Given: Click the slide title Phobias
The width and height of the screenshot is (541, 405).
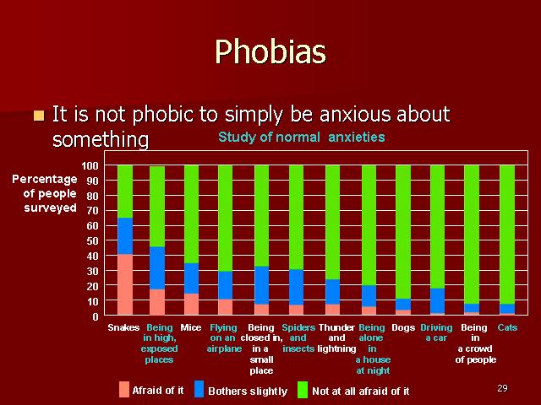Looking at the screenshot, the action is click(x=270, y=51).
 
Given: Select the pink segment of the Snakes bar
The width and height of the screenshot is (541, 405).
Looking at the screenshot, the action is click(x=125, y=284).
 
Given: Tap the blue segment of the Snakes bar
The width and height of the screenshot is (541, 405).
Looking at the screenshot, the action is click(x=125, y=236).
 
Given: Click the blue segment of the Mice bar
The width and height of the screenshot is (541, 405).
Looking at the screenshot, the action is click(x=192, y=278).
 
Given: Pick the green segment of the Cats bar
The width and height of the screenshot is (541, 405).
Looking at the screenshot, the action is click(x=507, y=235).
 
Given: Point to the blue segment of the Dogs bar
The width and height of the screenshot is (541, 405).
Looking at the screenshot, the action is click(x=403, y=304).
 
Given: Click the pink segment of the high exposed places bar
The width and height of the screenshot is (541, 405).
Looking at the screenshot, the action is click(x=157, y=302).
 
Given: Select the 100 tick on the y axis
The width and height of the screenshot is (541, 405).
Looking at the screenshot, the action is click(x=90, y=166).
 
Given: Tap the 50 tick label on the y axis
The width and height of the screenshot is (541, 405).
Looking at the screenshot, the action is click(x=92, y=240).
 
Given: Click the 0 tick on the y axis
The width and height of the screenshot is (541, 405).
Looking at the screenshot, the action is click(x=96, y=316).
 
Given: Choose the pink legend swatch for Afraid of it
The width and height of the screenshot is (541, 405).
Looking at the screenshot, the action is click(x=124, y=390).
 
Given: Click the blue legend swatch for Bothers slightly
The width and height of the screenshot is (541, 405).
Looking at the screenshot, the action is click(x=199, y=390).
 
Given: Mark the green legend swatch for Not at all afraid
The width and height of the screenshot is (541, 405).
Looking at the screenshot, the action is click(x=303, y=390).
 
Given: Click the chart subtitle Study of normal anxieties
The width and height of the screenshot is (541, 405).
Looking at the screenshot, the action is click(x=302, y=137).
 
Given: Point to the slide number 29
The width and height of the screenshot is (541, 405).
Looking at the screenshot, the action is click(x=502, y=388).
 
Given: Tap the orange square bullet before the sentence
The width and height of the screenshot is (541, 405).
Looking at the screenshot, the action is click(x=39, y=116).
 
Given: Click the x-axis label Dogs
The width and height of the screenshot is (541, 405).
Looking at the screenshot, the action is click(x=403, y=327).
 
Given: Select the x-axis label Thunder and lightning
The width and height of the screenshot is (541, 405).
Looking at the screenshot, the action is click(x=336, y=337).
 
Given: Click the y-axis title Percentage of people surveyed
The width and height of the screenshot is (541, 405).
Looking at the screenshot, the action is click(x=45, y=193).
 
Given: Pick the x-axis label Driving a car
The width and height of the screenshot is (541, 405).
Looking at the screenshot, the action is click(x=436, y=332).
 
